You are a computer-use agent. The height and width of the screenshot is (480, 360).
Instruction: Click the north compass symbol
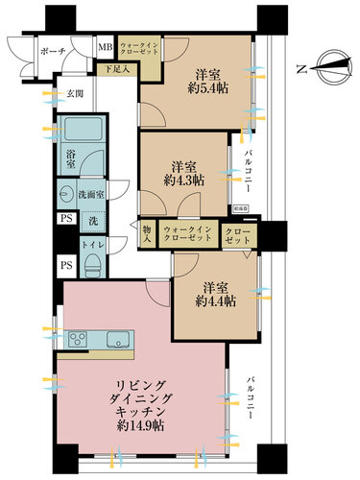tap(323, 68)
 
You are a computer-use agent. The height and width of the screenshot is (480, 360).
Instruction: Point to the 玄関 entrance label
tap(75, 93)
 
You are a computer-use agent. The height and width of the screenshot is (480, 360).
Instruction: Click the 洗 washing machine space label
tap(92, 222)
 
